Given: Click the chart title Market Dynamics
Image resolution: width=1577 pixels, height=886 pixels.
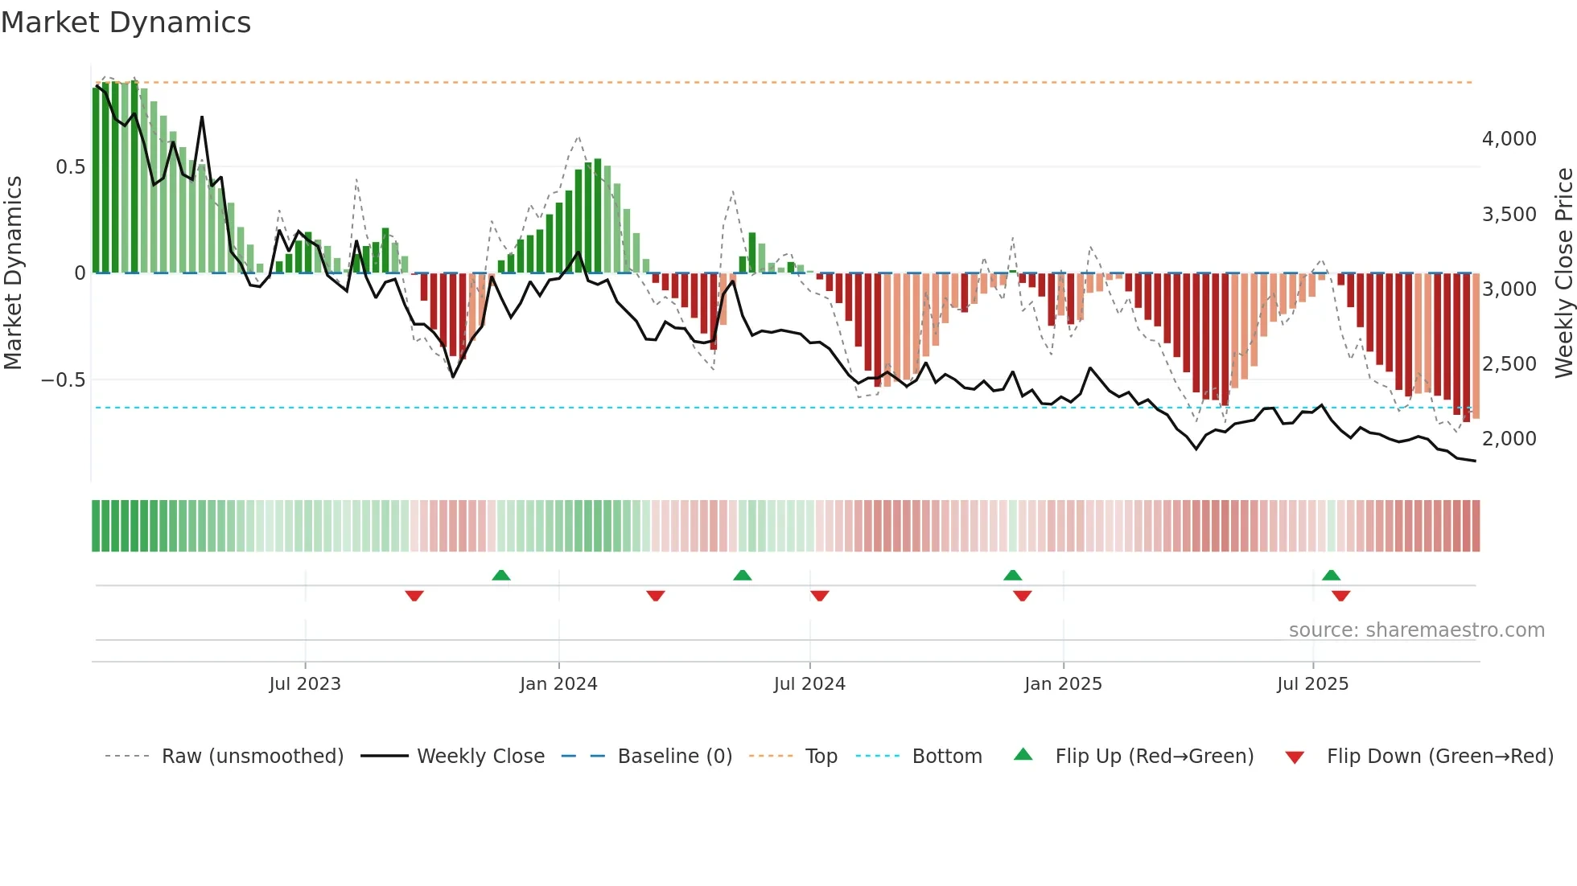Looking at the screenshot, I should coord(126,23).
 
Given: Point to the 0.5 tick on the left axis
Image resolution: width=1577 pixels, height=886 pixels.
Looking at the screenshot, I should coord(70,167).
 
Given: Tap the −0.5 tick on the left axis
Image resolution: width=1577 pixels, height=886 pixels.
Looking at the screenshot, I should coord(63,379).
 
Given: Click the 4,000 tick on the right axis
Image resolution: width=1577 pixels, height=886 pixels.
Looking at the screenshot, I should coord(1509,139).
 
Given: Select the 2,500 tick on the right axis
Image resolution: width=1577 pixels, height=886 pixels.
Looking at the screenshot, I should coord(1509,364).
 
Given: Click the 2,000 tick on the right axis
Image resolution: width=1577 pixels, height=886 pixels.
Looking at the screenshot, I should coord(1509,439).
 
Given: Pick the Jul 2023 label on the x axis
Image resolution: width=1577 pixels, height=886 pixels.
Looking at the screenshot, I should coord(305,684).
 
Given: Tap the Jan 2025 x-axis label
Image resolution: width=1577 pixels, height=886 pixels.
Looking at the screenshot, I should coord(1063,684).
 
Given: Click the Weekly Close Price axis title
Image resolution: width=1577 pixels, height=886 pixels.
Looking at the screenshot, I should coord(1563,273).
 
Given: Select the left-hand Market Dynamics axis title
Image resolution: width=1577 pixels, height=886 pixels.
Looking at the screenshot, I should coord(13,273).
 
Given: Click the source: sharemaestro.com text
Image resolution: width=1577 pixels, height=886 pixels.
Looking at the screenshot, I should coord(1416,630).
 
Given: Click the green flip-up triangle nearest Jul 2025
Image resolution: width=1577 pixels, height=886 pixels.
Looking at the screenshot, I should coord(1331,576).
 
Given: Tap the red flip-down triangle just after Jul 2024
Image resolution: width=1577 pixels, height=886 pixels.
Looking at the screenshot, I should coord(819,596).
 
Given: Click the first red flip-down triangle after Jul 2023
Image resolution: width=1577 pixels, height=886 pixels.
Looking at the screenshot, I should coord(414,596).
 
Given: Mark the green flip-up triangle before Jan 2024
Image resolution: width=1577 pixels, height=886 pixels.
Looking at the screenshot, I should coord(501,576).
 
